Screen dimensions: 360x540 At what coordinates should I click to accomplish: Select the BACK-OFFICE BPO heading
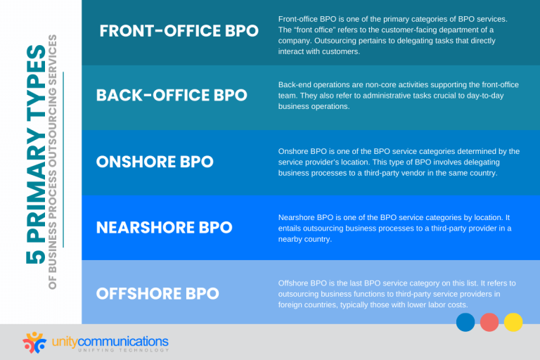click(x=172, y=95)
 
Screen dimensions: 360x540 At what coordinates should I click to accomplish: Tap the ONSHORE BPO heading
click(x=155, y=161)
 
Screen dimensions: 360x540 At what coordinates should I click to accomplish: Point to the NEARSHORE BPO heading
click(x=164, y=227)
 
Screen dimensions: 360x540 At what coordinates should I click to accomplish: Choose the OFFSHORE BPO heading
click(x=157, y=292)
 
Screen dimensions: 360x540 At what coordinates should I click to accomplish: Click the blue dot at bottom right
click(x=465, y=322)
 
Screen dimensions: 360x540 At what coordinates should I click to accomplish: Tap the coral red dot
click(x=489, y=322)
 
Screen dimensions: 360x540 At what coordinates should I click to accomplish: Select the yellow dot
click(x=513, y=322)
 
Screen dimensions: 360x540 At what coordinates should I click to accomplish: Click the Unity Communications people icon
click(x=34, y=342)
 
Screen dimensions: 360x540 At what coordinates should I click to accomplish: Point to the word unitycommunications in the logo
click(x=110, y=341)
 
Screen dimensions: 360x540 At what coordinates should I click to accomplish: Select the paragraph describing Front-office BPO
click(x=394, y=34)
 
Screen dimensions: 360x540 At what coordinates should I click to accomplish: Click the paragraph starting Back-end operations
click(x=394, y=95)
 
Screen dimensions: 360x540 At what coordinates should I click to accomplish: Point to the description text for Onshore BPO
click(x=399, y=162)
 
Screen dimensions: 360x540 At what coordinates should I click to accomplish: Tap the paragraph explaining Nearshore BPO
click(x=394, y=228)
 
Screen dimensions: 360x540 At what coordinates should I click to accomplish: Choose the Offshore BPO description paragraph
click(x=397, y=293)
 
